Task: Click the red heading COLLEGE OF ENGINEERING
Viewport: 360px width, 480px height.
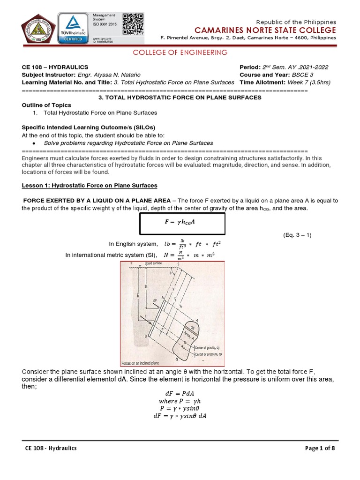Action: [180, 52]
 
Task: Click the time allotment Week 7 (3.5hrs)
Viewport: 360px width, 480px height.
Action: [309, 82]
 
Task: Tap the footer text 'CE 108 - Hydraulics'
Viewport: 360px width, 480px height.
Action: [51, 448]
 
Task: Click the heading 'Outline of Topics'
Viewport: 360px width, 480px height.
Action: [47, 105]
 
